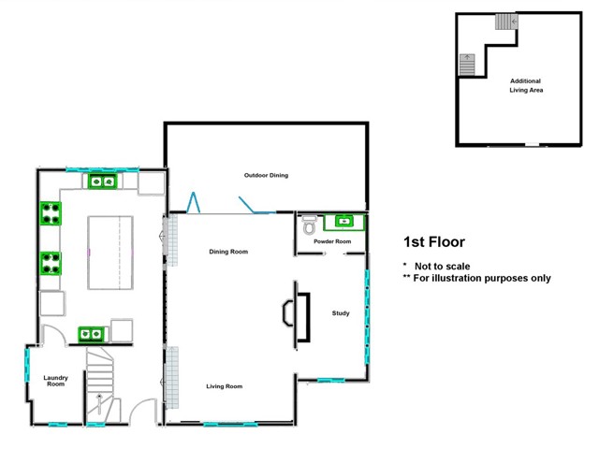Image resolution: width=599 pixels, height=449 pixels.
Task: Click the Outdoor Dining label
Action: click(266, 175)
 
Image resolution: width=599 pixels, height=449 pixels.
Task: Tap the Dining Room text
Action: click(227, 251)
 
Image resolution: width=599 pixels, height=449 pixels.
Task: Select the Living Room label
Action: click(225, 385)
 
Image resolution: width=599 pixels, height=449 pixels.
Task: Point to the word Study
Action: click(341, 313)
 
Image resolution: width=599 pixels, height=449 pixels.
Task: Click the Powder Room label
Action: click(332, 242)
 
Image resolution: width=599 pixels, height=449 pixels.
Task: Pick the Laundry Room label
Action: click(55, 381)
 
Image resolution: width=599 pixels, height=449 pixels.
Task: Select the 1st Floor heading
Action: click(433, 242)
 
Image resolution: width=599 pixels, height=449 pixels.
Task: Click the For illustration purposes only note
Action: click(476, 278)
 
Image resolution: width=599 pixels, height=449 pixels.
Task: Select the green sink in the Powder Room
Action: click(343, 222)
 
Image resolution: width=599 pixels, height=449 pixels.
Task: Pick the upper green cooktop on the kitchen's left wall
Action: click(51, 214)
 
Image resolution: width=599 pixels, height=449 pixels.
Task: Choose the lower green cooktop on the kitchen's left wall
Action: click(51, 263)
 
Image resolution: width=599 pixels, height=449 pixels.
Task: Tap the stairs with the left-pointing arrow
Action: click(505, 22)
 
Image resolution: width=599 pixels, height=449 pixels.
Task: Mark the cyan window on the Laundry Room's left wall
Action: click(27, 364)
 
